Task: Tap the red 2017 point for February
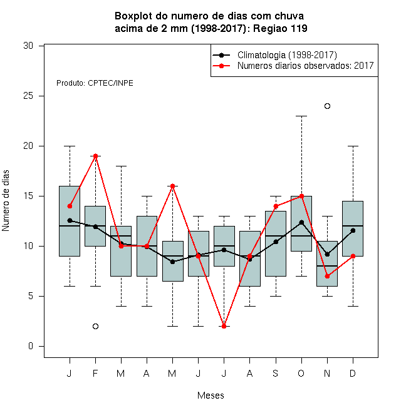pos(95,156)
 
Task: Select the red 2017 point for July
pos(224,326)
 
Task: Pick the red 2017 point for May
pos(172,186)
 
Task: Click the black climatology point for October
pos(301,223)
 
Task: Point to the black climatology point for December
pos(353,230)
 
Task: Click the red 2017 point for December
pos(353,256)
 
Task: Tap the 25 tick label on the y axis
pos(28,96)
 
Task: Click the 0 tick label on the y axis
pos(31,346)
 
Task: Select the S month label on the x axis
pos(276,373)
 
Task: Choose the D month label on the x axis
pos(353,373)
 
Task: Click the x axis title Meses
pos(211,395)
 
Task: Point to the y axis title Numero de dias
pos(6,201)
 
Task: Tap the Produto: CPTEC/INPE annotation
pos(95,83)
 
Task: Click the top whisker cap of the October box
pos(301,116)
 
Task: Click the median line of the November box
pos(327,266)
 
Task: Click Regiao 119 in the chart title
pos(280,28)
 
